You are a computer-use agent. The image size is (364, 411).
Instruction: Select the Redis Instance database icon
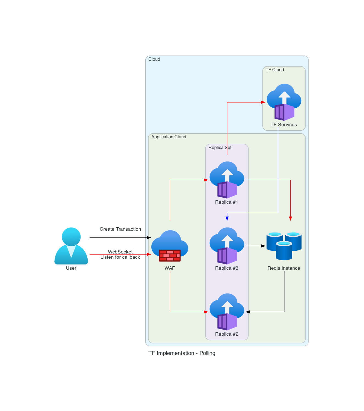pos(284,246)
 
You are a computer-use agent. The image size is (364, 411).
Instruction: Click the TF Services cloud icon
pos(284,102)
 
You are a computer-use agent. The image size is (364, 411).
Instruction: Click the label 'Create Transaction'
pos(120,229)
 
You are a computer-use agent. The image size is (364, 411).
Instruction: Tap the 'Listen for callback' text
pos(120,257)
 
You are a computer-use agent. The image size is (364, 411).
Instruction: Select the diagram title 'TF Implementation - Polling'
pos(182,353)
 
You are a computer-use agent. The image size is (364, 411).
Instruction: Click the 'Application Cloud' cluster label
pos(169,137)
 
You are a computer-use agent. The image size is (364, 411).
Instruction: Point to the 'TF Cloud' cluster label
pos(275,70)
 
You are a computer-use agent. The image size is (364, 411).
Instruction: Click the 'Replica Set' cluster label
pos(220,147)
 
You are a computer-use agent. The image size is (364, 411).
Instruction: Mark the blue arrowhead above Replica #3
pos(227,219)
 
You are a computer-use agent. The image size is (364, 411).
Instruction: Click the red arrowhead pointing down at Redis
pos(290,219)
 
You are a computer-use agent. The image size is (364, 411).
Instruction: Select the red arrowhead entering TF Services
pos(263,102)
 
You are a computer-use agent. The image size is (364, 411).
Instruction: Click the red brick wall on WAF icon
pos(170,255)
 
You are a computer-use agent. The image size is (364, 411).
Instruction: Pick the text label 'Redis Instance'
pos(284,268)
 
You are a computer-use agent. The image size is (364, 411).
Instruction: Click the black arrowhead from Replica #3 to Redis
pos(263,246)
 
